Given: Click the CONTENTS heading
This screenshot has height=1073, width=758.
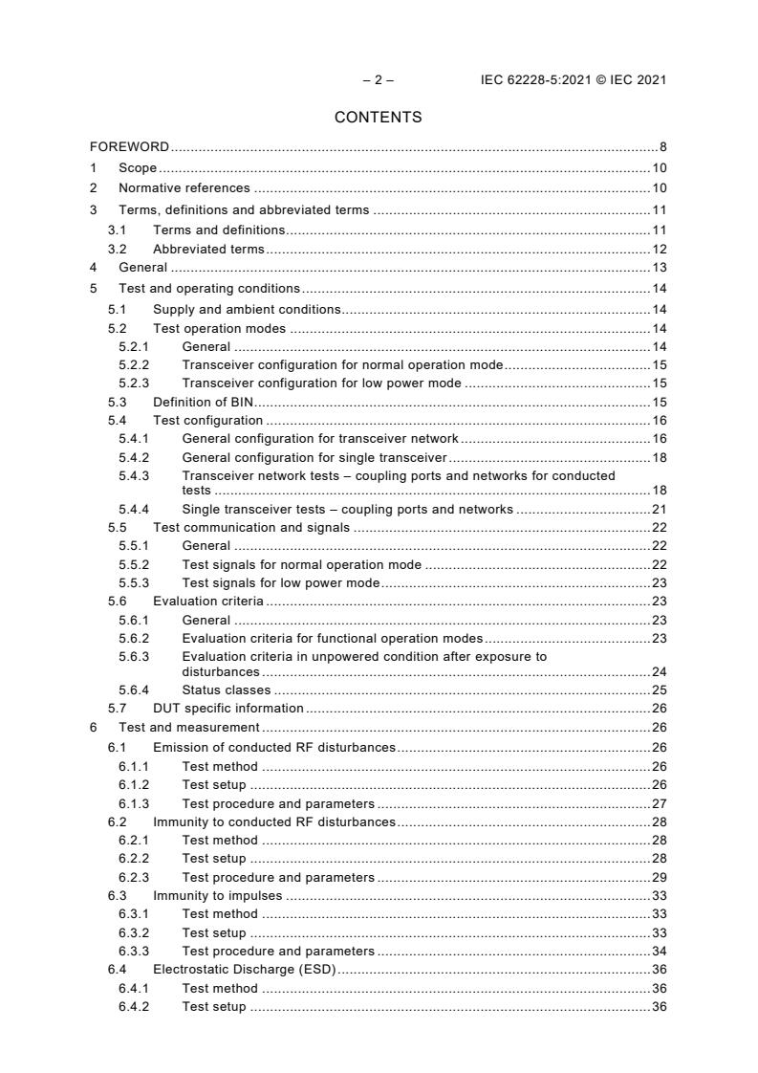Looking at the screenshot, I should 379,118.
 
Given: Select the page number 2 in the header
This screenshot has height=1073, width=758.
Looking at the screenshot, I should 379,80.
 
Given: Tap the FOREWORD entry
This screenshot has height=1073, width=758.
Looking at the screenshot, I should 129,147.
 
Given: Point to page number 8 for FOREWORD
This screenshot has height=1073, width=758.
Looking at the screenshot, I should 662,147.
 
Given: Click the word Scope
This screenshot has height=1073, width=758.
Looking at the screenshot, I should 138,168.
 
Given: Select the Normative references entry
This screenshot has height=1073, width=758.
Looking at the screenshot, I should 184,188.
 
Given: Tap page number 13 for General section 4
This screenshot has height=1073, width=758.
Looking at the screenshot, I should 660,268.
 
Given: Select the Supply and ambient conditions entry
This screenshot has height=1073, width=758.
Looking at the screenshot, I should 247,310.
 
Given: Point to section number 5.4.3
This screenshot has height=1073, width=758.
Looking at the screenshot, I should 134,475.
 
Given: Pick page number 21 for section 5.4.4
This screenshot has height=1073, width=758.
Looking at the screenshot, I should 660,509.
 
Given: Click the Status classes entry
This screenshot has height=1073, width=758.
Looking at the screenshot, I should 226,690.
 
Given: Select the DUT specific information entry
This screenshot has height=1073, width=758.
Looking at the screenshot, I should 228,709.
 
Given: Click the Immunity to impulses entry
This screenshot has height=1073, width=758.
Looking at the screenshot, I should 218,896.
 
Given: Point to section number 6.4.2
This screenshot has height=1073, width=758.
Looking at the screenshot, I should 134,1007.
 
